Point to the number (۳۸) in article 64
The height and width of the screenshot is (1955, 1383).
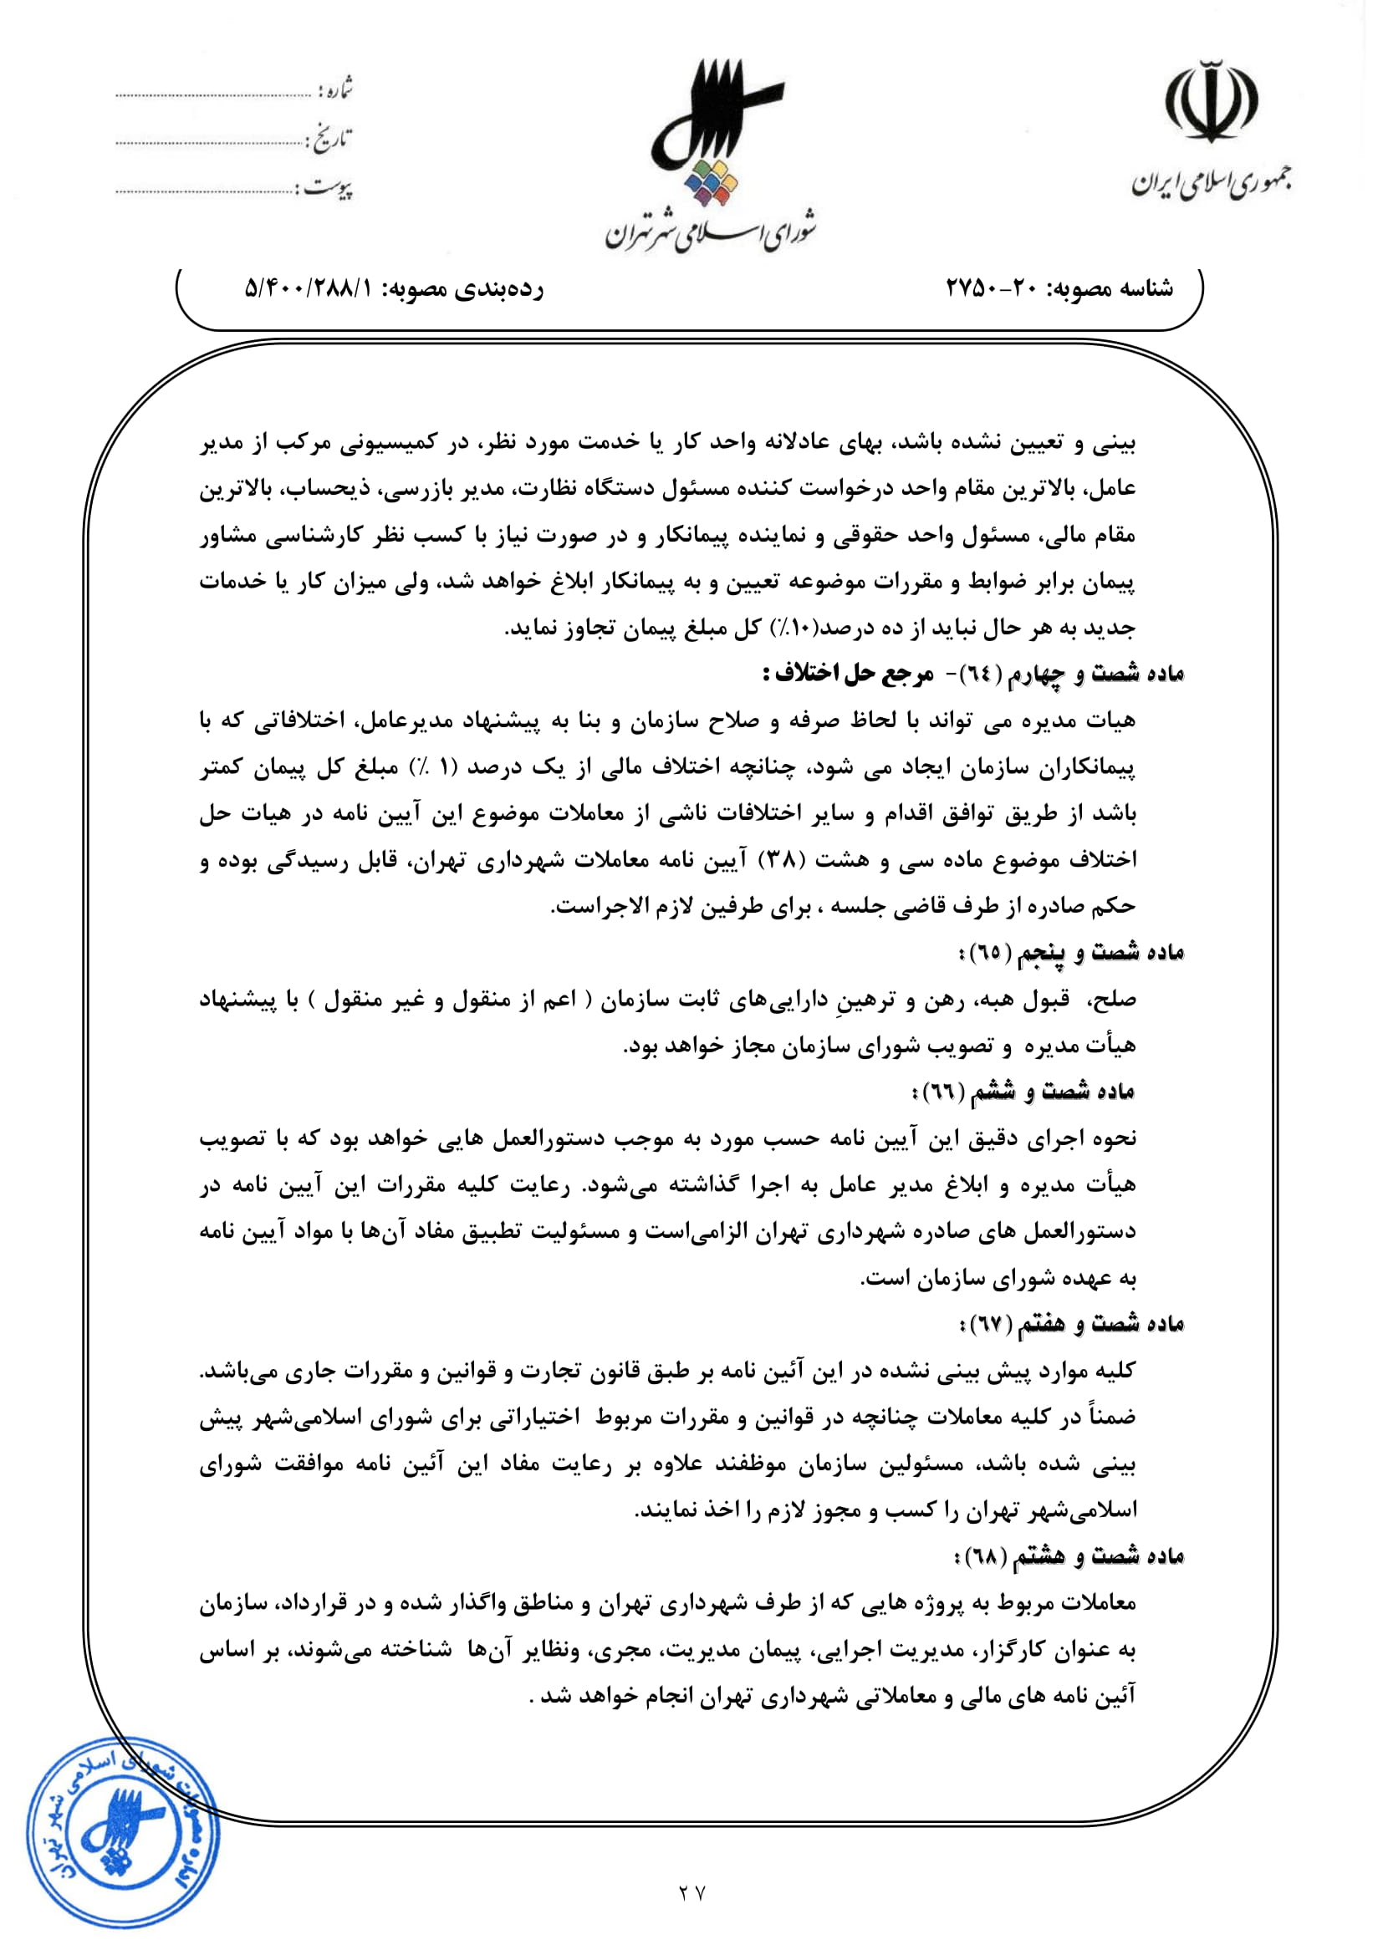click(x=771, y=860)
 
